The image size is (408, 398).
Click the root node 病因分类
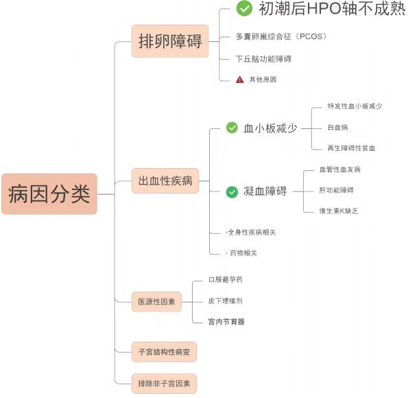pos(49,194)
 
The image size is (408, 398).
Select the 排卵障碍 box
pos(169,40)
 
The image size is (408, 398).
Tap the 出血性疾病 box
pos(165,182)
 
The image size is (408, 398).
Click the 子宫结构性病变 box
pos(164,353)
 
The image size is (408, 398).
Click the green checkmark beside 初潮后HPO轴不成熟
pos(244,9)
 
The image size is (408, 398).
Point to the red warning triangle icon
pos(239,80)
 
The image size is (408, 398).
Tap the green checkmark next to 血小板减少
pos(232,128)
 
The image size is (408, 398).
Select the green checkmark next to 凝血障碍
pos(232,191)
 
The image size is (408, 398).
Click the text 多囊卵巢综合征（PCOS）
pos(276,36)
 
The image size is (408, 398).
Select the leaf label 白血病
pos(339,128)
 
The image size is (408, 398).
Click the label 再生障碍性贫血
pos(351,148)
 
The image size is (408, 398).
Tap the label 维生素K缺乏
pos(339,211)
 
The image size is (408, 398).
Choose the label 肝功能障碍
pos(337,189)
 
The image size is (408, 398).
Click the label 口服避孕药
pos(226,280)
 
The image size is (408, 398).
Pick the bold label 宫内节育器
pos(226,321)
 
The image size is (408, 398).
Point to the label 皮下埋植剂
pos(226,301)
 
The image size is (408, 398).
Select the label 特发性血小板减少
pos(355,106)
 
